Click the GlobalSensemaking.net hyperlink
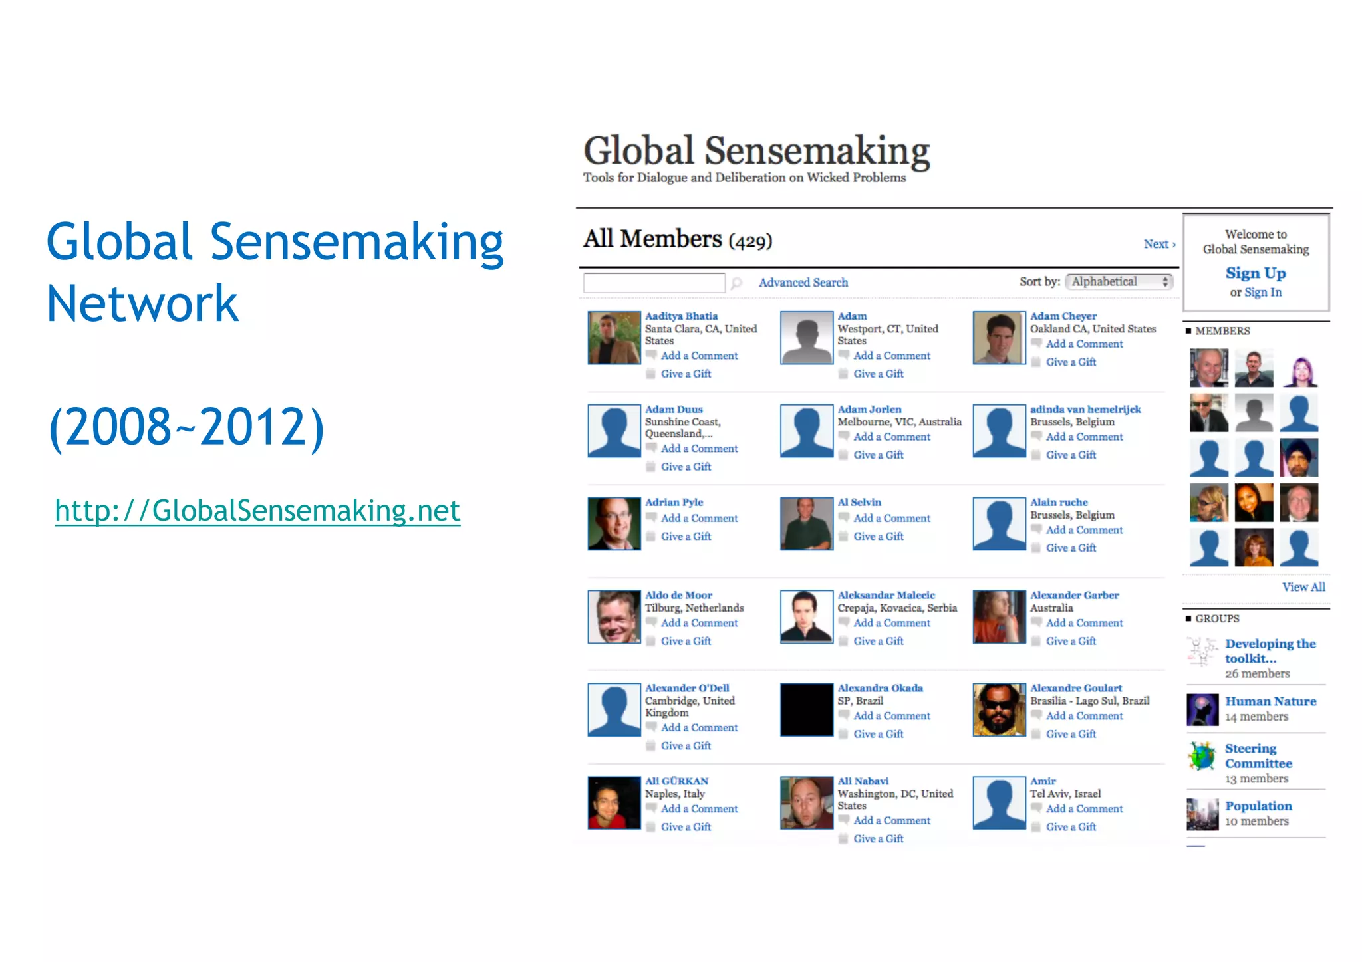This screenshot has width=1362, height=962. pos(257,511)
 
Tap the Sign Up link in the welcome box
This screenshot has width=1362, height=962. pos(1255,273)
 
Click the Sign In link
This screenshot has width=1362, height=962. pos(1262,292)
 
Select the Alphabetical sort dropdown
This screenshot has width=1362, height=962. pos(1119,281)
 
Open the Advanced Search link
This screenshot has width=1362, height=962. pos(803,283)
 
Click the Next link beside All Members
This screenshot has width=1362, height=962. pos(1158,244)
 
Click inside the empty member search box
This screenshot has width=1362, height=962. pos(654,283)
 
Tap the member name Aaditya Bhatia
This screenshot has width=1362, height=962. pos(681,316)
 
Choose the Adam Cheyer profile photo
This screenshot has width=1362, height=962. pos(999,338)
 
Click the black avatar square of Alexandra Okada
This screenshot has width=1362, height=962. pos(806,710)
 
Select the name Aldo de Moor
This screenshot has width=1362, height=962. pos(678,595)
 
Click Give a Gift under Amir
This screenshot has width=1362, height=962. pos(1071,827)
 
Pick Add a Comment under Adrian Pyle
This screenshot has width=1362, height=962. pos(699,518)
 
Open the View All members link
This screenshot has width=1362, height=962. pos(1303,587)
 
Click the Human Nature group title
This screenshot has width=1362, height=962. pos(1270,701)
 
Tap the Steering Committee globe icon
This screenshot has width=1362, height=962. pos(1202,757)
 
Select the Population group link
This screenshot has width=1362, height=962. pos(1258,806)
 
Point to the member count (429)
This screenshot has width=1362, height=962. pos(751,241)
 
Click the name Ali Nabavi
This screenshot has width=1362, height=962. pos(863,781)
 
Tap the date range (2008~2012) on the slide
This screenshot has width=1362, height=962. pos(186,427)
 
